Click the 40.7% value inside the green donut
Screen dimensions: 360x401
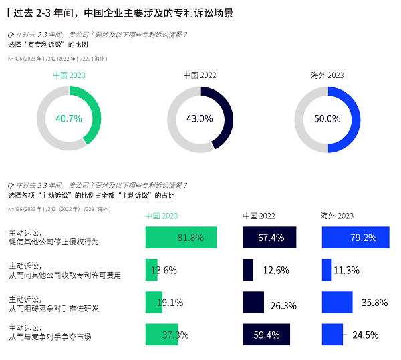pos(69,119)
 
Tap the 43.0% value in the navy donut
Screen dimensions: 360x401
pos(199,119)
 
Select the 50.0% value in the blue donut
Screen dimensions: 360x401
pos(327,119)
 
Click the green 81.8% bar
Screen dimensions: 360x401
pos(180,238)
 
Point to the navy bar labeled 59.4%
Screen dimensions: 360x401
pos(268,334)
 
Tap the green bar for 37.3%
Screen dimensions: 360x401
pos(162,334)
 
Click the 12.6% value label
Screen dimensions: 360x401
pos(276,271)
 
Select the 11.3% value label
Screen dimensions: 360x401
pos(347,271)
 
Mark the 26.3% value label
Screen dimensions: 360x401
pos(283,305)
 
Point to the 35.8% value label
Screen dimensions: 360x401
pos(374,303)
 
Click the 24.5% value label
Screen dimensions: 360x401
pos(365,335)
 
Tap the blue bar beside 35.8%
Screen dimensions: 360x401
pos(337,302)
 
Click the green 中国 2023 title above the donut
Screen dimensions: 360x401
pos(69,75)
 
